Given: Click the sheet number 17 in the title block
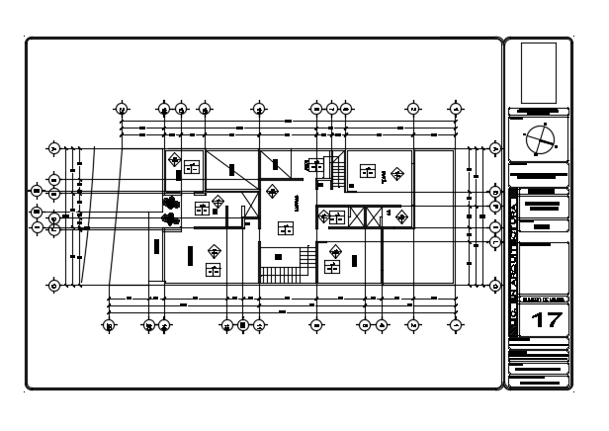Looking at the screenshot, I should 545,319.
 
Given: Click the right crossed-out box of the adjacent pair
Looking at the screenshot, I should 373,217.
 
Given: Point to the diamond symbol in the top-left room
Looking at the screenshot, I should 175,159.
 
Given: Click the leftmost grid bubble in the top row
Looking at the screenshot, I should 121,109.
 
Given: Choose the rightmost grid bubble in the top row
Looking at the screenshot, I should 456,109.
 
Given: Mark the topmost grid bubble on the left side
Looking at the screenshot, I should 54,149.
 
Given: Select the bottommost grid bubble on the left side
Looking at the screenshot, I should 54,286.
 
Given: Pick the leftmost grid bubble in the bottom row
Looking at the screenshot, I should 110,324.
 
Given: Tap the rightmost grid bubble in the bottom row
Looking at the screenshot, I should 454,324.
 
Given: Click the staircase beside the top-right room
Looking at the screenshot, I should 337,172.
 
